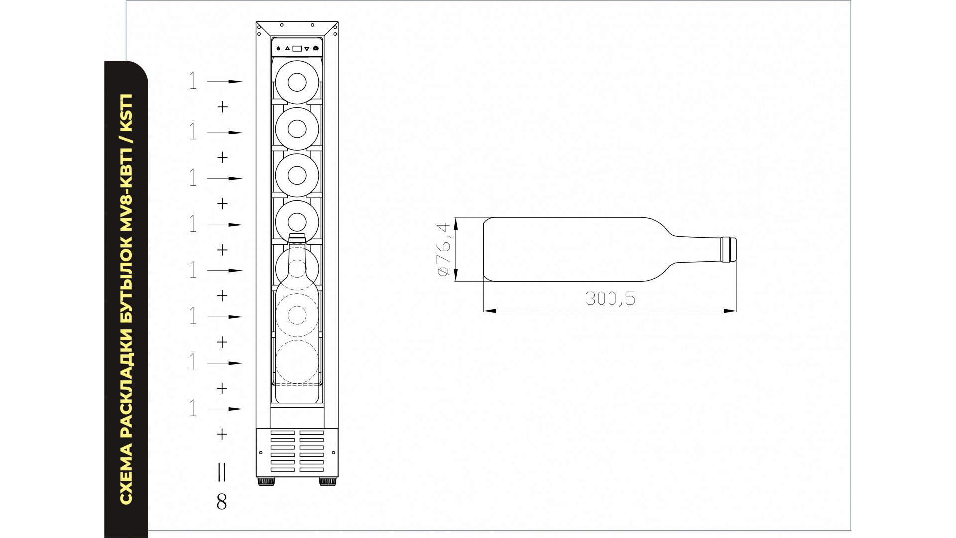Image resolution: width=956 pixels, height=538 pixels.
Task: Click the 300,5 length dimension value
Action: [610, 298]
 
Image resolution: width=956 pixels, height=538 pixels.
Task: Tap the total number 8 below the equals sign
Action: [222, 502]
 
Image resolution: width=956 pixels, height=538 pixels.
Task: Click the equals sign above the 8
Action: [222, 472]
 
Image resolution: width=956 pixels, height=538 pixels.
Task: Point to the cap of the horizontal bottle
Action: [729, 249]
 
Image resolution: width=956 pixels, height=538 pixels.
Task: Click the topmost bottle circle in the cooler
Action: [297, 82]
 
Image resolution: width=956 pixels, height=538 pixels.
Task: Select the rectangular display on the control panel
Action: [297, 49]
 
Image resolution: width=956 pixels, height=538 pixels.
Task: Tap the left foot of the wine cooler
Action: [266, 482]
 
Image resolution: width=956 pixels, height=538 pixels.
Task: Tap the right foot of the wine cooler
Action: [328, 482]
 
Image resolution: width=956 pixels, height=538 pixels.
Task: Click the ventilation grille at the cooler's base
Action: [297, 451]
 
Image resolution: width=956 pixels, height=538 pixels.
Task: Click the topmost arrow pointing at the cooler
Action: [225, 81]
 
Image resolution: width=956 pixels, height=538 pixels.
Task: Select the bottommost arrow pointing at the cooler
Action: [225, 409]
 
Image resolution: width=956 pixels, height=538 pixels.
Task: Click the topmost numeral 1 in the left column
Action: [193, 81]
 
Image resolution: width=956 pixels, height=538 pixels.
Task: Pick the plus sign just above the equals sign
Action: [222, 434]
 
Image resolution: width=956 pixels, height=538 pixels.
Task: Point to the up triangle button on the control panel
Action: [287, 49]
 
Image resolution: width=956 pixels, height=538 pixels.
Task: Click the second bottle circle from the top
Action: [297, 129]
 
